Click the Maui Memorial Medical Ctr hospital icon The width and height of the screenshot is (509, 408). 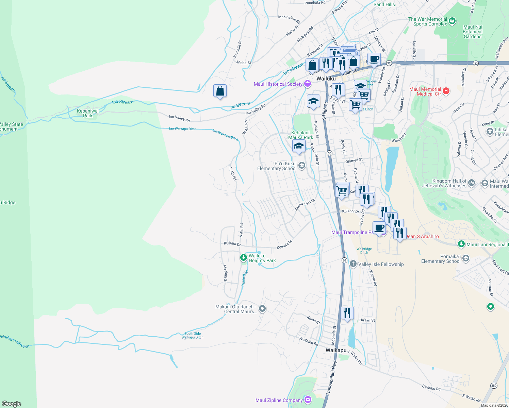point(446,91)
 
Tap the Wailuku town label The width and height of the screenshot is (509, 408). point(326,79)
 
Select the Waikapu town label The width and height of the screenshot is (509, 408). point(336,350)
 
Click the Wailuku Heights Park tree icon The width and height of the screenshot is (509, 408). point(243,258)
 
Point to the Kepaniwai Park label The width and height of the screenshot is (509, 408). point(88,113)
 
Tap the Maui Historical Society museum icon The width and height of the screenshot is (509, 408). point(308,84)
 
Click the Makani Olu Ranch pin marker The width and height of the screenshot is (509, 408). point(262,309)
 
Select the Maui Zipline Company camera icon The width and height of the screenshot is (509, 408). point(308,400)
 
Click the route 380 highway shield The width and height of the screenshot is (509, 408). point(494,386)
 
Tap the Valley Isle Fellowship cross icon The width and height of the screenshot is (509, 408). point(353,264)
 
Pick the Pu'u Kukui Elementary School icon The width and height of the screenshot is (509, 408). point(302,166)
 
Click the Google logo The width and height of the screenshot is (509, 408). point(12,404)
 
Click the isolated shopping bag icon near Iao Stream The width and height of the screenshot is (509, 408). point(220,91)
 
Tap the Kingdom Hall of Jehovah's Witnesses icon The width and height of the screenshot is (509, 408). point(472,183)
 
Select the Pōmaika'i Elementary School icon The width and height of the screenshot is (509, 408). point(466,258)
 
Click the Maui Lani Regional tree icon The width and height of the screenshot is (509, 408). point(461,244)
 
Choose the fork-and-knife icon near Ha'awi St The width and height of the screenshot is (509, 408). point(347,313)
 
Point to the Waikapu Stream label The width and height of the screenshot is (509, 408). point(15,341)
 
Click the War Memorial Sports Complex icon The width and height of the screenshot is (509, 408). point(452,21)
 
